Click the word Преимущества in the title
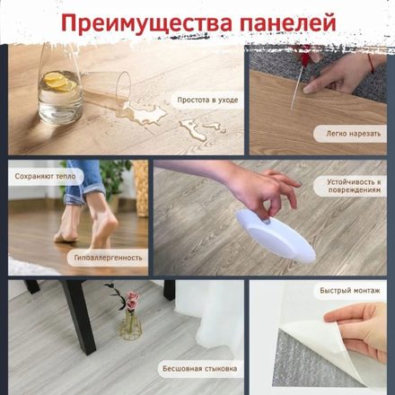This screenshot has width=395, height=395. tap(146, 23)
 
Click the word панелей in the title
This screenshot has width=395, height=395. tap(287, 22)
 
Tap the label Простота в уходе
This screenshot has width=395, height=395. tap(207, 100)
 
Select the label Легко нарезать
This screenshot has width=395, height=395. tap(353, 134)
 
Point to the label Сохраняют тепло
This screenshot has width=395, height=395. tap(45, 177)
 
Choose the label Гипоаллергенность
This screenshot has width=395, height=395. tap(108, 258)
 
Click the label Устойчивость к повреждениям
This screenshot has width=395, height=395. tap(354, 186)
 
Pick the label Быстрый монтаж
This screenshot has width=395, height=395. tap(350, 290)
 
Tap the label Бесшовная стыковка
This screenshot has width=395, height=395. tap(200, 368)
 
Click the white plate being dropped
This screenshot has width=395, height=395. tap(276, 235)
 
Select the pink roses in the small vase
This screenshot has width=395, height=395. tap(132, 301)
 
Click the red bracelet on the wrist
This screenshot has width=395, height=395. tap(371, 64)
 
